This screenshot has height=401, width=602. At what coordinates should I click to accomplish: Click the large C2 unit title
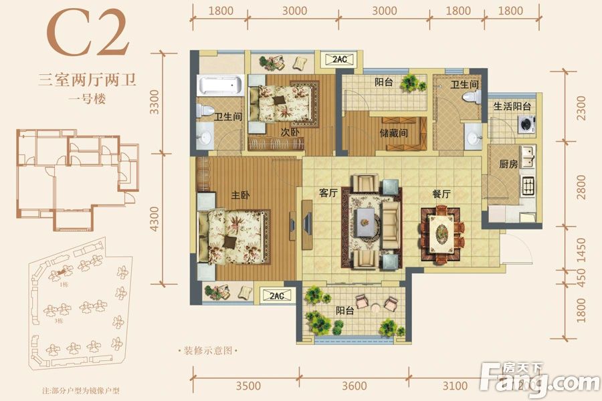[x=87, y=33]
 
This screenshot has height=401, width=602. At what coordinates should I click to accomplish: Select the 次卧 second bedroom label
[x=290, y=132]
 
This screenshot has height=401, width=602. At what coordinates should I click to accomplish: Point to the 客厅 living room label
[x=327, y=193]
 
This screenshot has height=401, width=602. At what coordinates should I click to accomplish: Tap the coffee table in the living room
[x=366, y=221]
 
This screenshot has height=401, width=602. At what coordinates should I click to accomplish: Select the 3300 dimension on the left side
[x=155, y=102]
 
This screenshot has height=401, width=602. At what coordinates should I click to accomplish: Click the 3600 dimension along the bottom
[x=353, y=386]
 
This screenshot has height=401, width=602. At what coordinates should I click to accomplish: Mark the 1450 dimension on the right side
[x=580, y=252]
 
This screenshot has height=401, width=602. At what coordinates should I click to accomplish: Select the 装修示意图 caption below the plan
[x=206, y=350]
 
